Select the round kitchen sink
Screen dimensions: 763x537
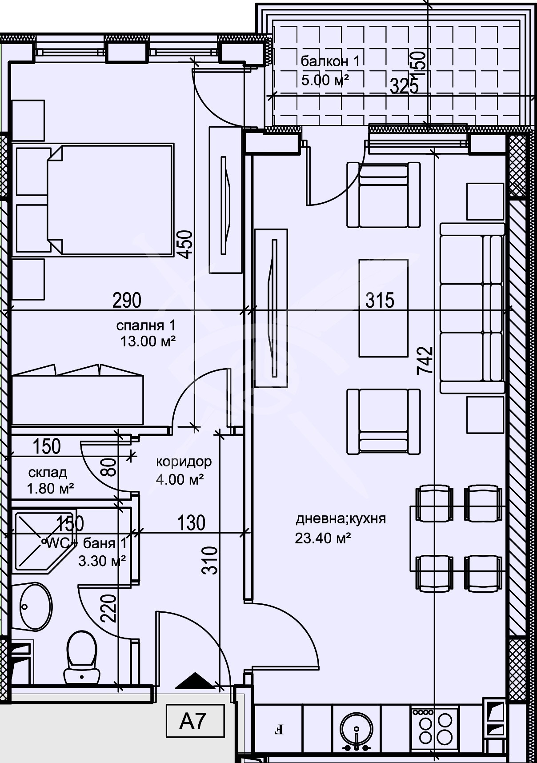pyautogui.click(x=357, y=730)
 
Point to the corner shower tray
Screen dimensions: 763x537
pyautogui.click(x=42, y=540)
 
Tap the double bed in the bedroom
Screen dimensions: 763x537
pyautogui.click(x=109, y=200)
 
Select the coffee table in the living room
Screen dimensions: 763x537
pyautogui.click(x=383, y=308)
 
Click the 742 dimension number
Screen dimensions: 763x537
pyautogui.click(x=424, y=361)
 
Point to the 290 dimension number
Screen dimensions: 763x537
pyautogui.click(x=127, y=301)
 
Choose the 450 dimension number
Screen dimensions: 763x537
pyautogui.click(x=186, y=244)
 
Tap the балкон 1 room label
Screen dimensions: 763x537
pyautogui.click(x=329, y=61)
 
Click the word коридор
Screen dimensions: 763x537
pyautogui.click(x=184, y=462)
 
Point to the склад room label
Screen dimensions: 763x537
pyautogui.click(x=48, y=472)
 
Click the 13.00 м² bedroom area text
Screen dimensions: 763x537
pyautogui.click(x=148, y=341)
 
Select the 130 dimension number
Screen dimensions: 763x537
pyautogui.click(x=191, y=523)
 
